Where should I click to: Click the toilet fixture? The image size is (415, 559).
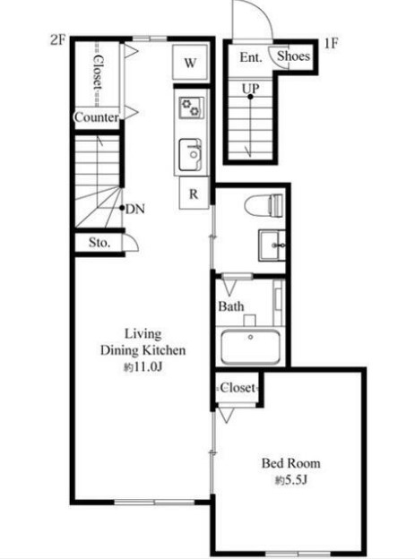264,205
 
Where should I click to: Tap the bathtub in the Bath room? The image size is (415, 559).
250,347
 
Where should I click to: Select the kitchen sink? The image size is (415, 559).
190,155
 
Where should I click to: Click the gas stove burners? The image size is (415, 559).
191,107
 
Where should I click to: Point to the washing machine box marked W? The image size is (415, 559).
190,63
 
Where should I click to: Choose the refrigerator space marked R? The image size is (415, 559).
194,193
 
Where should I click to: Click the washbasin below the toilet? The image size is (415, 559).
272,245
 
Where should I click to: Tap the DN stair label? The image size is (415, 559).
135,209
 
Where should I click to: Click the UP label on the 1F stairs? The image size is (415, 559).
250,88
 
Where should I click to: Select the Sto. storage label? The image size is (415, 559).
99,243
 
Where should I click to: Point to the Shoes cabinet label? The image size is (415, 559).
293,56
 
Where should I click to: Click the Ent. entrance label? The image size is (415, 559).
251,57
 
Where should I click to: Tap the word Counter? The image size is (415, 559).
96,117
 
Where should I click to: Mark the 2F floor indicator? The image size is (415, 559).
58,40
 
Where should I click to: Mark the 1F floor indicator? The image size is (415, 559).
331,44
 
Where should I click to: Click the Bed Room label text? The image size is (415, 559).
290,463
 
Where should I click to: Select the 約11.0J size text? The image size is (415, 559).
143,367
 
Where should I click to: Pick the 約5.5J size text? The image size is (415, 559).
290,480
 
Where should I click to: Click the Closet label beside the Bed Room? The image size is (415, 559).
238,388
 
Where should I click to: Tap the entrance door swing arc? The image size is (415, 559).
263,12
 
